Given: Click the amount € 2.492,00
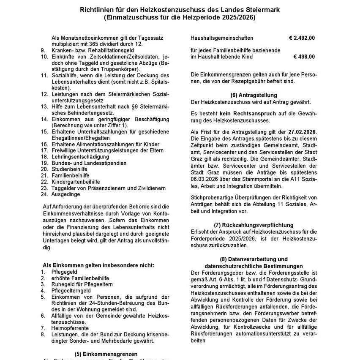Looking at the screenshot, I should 302,38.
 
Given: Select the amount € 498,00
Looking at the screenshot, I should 304,57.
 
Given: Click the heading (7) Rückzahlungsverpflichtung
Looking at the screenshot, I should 254,225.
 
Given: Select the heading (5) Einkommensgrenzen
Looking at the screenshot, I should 106,354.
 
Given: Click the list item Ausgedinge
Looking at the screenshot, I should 65,194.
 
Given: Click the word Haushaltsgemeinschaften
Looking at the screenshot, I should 222,38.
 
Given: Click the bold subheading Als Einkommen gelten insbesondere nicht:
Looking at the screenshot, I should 98,265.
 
